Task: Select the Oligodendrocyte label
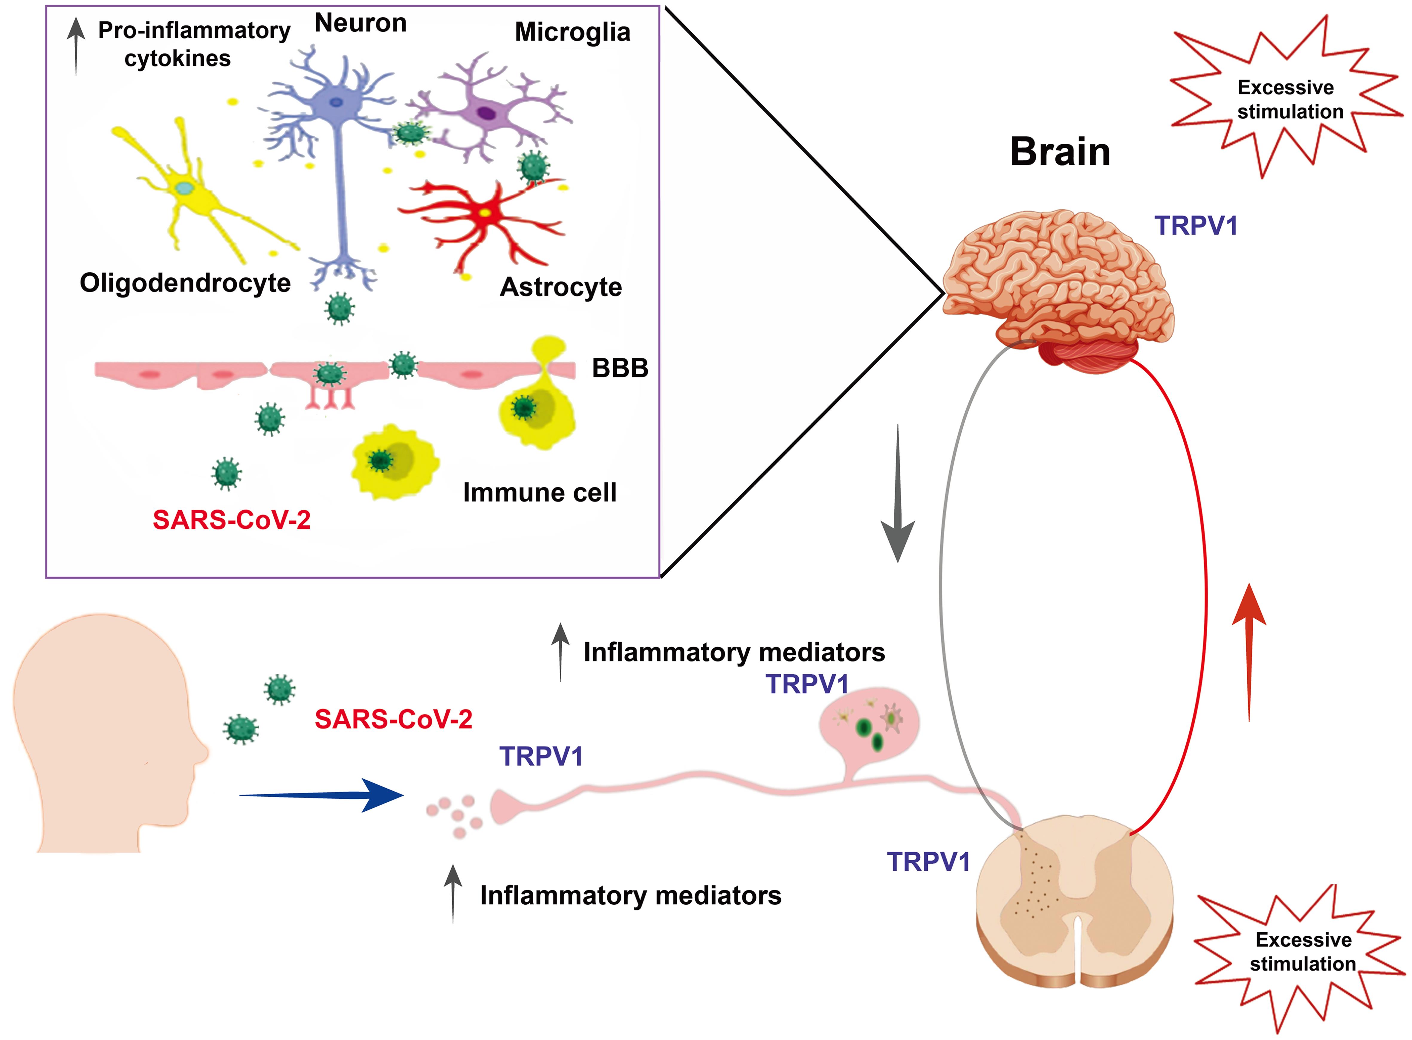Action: (185, 283)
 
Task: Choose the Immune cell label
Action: (540, 492)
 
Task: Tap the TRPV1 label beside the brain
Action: (1195, 225)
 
